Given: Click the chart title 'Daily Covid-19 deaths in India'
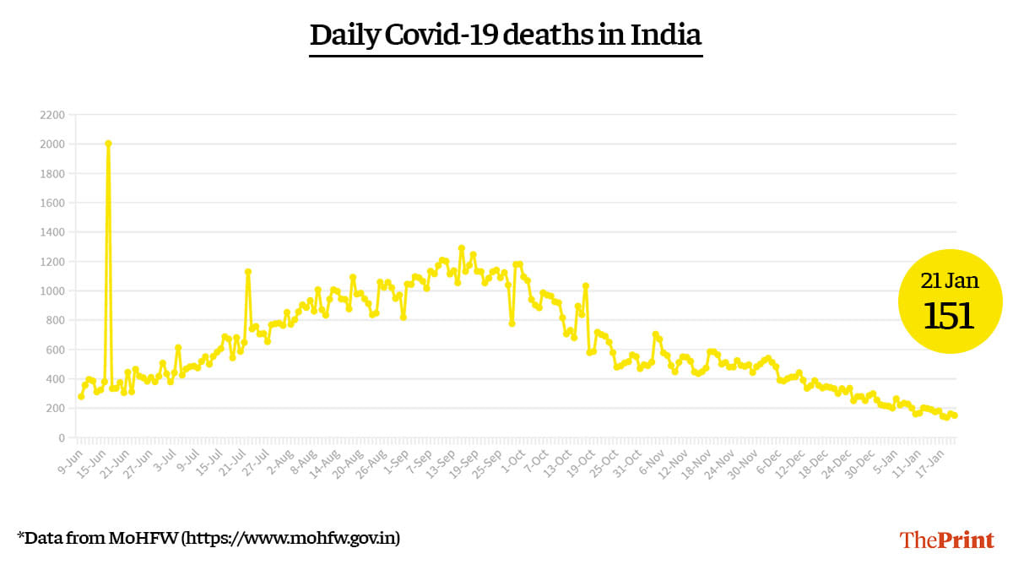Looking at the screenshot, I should click(x=506, y=35).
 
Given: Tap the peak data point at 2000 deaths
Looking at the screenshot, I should click(x=108, y=144).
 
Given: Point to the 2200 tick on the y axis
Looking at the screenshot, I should click(x=52, y=115).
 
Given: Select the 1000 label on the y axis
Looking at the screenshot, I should click(x=52, y=291).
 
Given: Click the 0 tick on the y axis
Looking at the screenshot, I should click(x=61, y=437).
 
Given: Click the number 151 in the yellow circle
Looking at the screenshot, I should click(x=950, y=316).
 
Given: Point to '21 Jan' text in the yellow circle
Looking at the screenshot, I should click(x=950, y=280).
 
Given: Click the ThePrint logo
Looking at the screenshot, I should click(x=946, y=540).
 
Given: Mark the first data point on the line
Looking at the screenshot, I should click(x=81, y=396).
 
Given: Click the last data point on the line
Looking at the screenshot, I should click(x=955, y=415).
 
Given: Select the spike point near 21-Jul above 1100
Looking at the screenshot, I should click(x=247, y=272).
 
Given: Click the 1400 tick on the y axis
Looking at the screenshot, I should click(x=52, y=232).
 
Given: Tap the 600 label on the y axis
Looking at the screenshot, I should click(x=55, y=350).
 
